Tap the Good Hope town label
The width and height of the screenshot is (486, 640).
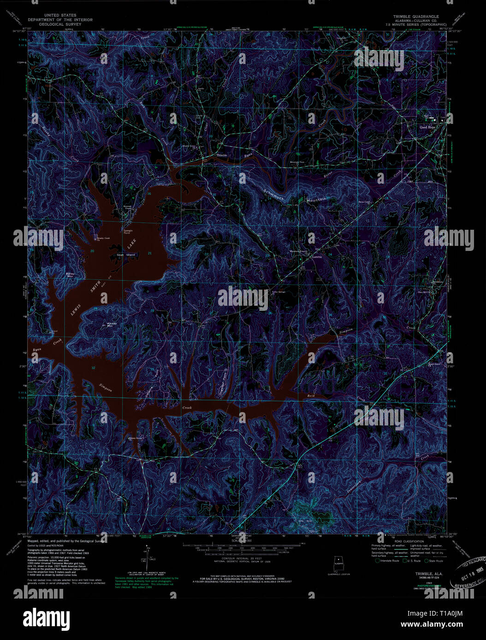(427, 127)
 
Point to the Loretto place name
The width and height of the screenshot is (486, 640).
(317, 257)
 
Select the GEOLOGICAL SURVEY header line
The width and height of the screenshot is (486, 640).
(60, 24)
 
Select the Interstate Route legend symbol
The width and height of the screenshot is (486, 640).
(378, 561)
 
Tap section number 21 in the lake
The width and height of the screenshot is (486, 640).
(149, 253)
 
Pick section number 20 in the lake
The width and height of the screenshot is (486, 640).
(92, 251)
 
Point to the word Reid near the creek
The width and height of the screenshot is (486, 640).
(310, 396)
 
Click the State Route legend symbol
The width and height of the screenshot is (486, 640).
(427, 561)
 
